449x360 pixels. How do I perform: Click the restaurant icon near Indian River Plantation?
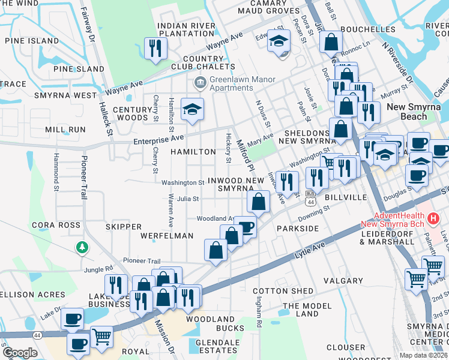pyautogui.click(x=156, y=48)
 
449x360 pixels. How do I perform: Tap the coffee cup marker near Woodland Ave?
pyautogui.click(x=245, y=227)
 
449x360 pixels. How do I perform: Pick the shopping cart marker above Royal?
pyautogui.click(x=101, y=337)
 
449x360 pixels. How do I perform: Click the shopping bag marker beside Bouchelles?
pyautogui.click(x=331, y=42)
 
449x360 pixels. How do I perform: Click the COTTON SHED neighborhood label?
pyautogui.click(x=287, y=290)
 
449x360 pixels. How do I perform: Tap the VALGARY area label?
pyautogui.click(x=343, y=280)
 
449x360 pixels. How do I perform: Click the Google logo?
pyautogui.click(x=20, y=353)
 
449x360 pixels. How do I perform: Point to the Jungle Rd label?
pyautogui.click(x=98, y=269)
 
